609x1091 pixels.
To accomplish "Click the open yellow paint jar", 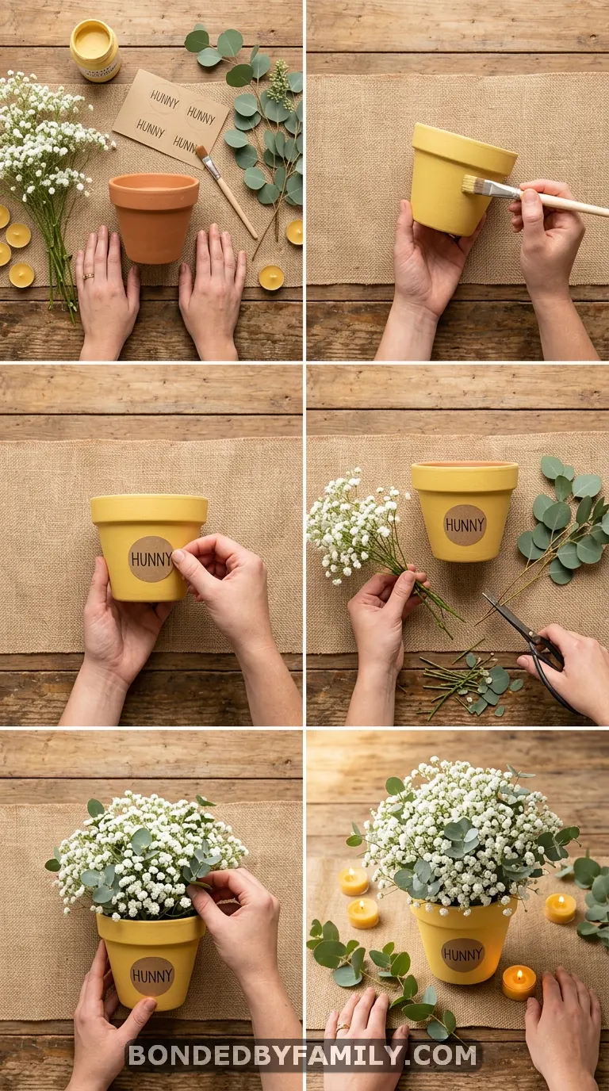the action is [x=95, y=50].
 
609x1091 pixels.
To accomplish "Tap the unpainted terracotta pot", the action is [x=154, y=217].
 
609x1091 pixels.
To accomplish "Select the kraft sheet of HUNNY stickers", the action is [x=170, y=118].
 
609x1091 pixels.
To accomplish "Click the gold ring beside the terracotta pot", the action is [x=88, y=277].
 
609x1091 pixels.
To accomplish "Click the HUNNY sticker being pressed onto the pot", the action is [x=151, y=559].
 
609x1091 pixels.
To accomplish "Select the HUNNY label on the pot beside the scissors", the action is [x=465, y=525].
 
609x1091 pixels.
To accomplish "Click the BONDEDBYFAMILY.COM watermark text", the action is [x=303, y=1055].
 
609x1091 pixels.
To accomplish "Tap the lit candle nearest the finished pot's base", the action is [x=519, y=982].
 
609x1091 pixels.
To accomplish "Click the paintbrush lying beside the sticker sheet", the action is [x=226, y=190].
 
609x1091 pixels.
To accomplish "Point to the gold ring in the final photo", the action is [x=343, y=1026].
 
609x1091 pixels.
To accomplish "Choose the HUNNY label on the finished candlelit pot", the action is [x=462, y=954].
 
